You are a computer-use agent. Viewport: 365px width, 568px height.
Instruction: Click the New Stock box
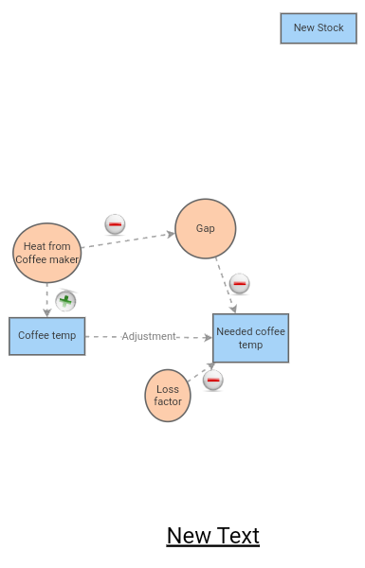tap(319, 28)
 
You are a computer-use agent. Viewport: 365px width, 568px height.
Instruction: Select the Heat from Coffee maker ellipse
tap(47, 253)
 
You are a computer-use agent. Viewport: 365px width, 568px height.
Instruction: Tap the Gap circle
tap(205, 229)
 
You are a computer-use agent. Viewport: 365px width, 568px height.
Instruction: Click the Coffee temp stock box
tap(46, 335)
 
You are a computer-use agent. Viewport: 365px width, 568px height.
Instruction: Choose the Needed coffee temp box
tap(250, 338)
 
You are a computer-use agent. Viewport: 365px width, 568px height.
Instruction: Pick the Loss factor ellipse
tap(168, 396)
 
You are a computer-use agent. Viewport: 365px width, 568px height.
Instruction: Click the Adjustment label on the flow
tap(149, 336)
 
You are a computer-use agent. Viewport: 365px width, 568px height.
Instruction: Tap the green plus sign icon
tap(65, 301)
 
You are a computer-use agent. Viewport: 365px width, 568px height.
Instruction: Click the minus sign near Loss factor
tap(213, 380)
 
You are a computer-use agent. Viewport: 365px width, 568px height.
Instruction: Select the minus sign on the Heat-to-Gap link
tap(115, 224)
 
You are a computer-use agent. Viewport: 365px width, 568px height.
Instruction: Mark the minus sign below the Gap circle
tap(240, 283)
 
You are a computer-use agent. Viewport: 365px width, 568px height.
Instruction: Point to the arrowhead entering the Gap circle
tap(171, 234)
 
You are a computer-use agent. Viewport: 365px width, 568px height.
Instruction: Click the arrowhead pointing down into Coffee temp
tap(46, 312)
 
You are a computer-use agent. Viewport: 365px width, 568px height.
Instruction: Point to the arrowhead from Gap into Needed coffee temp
tap(232, 308)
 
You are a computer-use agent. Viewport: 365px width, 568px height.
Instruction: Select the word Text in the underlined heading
tap(237, 536)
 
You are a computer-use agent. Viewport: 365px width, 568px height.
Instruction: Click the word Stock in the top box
tap(331, 28)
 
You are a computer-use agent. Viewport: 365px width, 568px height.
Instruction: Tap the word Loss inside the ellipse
tap(168, 389)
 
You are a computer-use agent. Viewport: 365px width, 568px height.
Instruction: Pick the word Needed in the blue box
tap(233, 331)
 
